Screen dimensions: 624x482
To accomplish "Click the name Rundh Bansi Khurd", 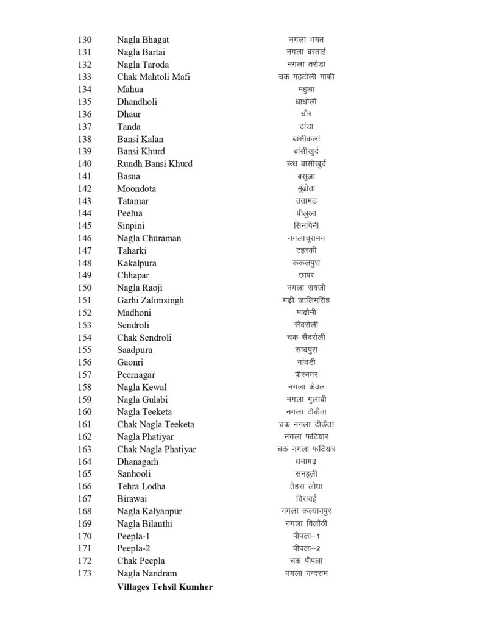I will tap(155, 164).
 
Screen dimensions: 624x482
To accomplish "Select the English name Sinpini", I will tap(132, 226).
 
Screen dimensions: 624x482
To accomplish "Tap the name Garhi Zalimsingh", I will tap(151, 300).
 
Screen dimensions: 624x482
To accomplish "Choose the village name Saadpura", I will tap(135, 350).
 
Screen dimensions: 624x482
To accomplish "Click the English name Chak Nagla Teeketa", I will tap(155, 424).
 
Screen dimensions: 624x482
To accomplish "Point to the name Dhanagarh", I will tap(138, 462).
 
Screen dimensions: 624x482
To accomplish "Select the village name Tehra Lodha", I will tap(141, 486).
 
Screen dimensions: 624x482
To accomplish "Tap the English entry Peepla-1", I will tap(133, 536).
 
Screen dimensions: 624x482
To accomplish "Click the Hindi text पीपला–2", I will tap(306, 548).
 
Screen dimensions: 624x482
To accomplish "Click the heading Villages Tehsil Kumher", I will tap(165, 587).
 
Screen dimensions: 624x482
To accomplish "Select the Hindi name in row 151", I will tap(306, 300).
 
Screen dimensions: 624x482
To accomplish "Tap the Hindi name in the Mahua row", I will tap(306, 90).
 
